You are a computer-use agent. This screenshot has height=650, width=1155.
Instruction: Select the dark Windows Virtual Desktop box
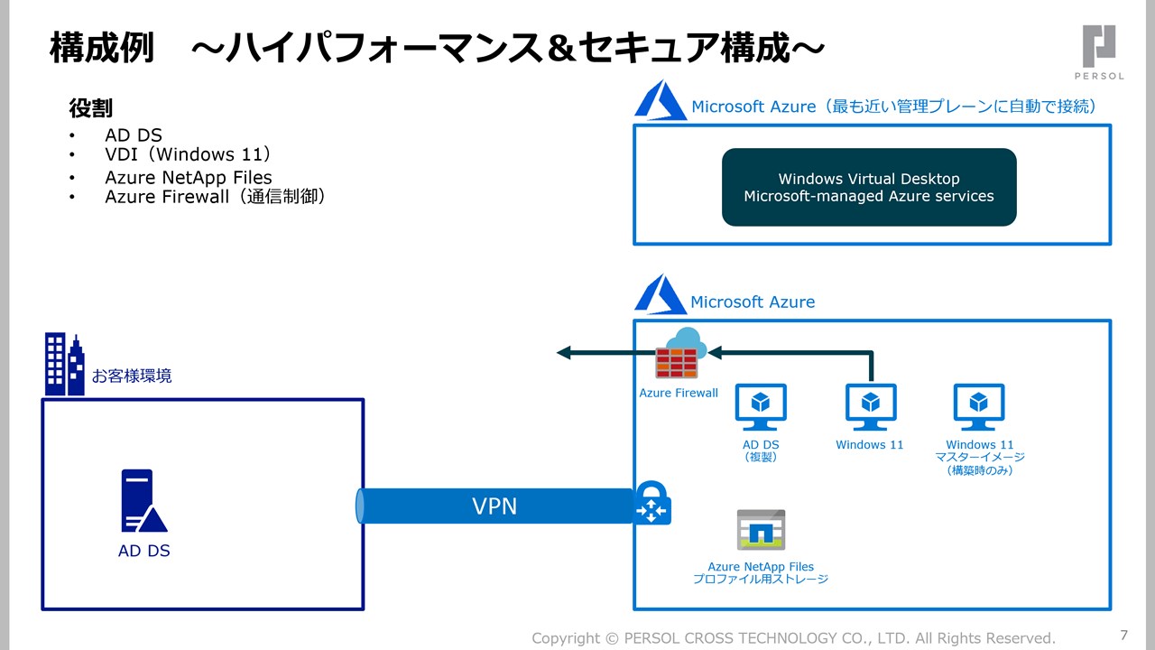point(869,187)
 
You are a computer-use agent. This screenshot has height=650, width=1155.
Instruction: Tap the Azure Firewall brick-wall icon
point(678,356)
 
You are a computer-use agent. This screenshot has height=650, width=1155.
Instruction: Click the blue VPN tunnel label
point(494,506)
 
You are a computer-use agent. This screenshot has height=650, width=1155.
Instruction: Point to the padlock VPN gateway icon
point(651,503)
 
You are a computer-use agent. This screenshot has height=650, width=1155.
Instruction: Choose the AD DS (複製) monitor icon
point(761,407)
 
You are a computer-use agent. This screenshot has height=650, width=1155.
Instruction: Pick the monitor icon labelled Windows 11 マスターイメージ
point(979,407)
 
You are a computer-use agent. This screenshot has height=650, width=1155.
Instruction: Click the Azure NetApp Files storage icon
point(761,530)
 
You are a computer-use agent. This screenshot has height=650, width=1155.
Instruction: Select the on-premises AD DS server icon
point(143,501)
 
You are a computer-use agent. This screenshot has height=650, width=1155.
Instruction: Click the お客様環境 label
point(132,376)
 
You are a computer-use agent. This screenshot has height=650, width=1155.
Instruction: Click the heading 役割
point(91,108)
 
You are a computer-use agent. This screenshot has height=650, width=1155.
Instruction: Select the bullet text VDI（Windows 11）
point(188,154)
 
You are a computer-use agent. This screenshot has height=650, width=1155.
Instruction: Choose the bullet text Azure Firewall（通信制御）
point(215,196)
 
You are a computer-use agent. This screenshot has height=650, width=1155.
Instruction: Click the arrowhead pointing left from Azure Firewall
point(564,353)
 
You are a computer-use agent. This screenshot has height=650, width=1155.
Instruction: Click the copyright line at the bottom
point(793,638)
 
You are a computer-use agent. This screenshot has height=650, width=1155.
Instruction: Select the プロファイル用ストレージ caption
point(761,579)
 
